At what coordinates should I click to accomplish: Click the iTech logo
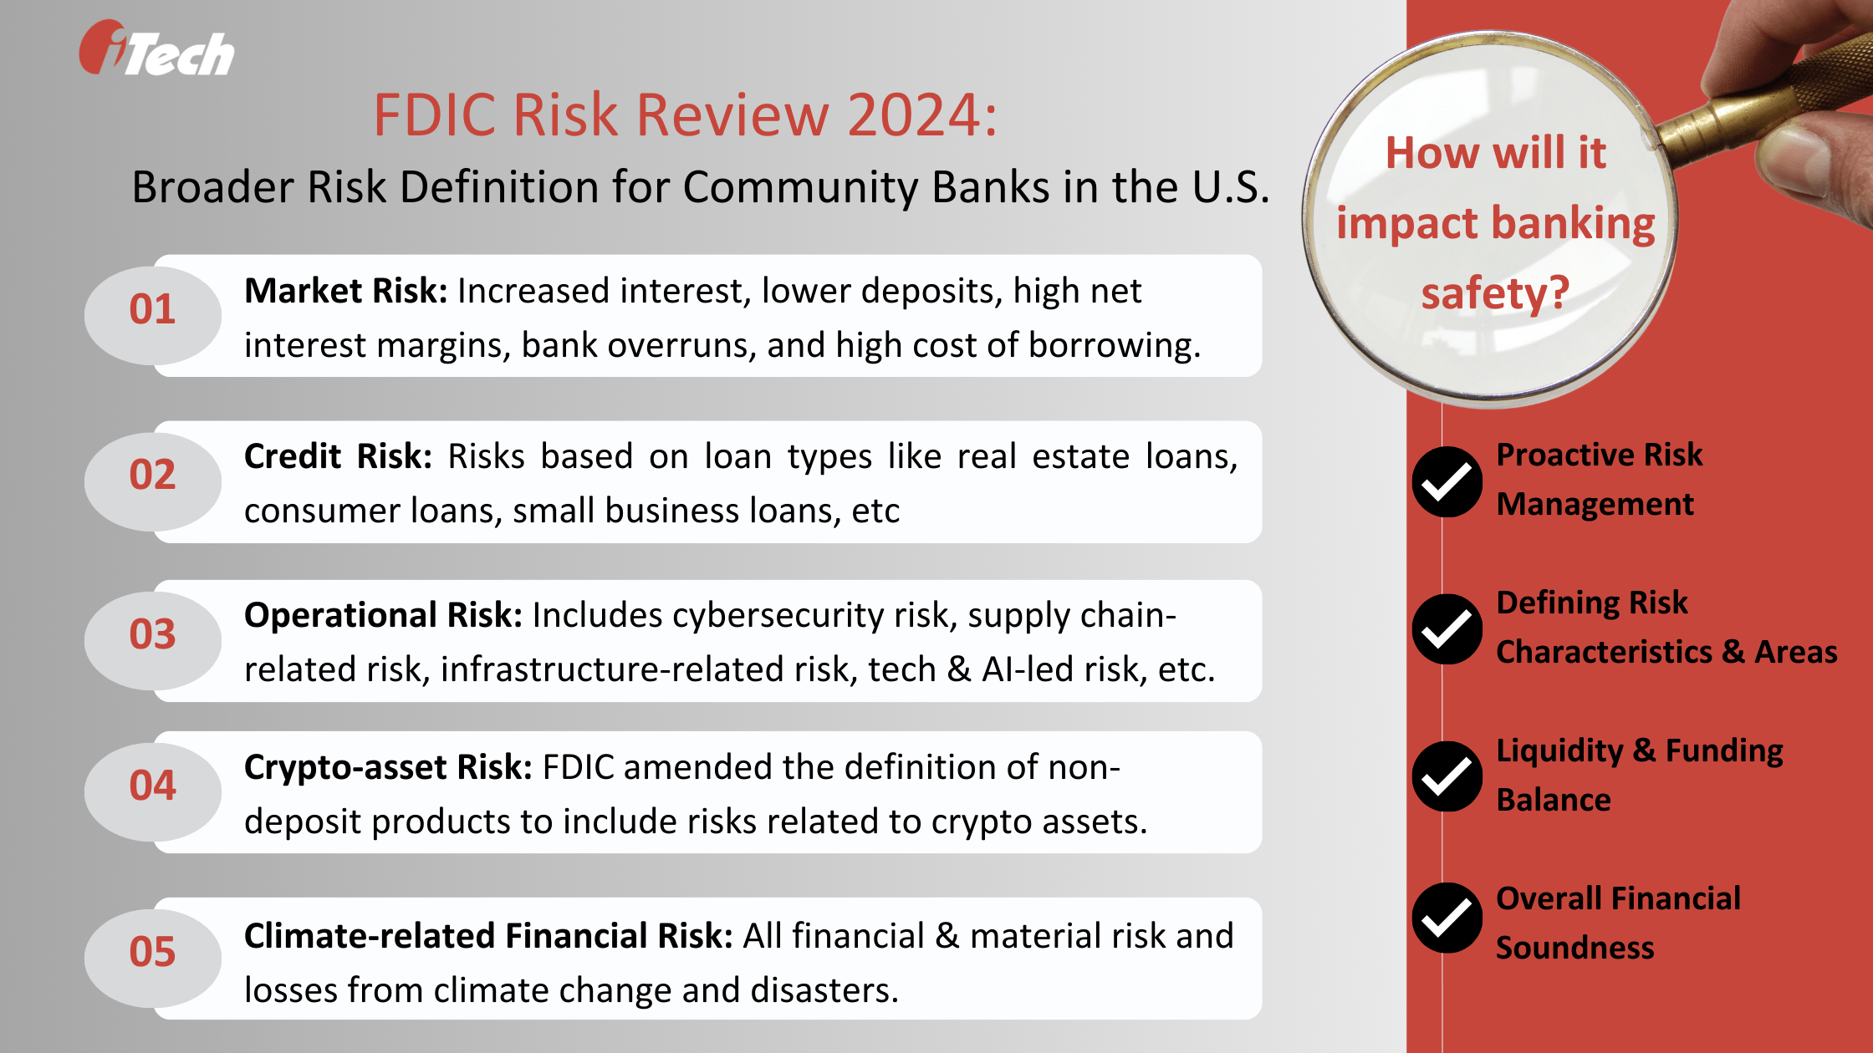tap(157, 50)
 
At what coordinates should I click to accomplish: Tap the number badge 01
tap(152, 310)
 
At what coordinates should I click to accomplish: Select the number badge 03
tap(152, 634)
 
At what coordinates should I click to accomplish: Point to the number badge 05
tap(152, 952)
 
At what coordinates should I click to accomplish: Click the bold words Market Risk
tap(345, 292)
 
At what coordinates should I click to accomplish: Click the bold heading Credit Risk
tap(337, 457)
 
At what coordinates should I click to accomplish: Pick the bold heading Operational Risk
tap(382, 616)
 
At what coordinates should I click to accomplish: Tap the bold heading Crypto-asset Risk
tap(387, 768)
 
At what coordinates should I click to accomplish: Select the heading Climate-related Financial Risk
tap(487, 937)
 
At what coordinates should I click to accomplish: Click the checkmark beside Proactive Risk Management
tap(1447, 482)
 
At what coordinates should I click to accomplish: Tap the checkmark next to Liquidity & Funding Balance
tap(1447, 777)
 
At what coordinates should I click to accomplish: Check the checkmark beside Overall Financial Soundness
tap(1447, 918)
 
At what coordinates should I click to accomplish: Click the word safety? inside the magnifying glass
tap(1495, 294)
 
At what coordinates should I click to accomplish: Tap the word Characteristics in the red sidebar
tap(1604, 653)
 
